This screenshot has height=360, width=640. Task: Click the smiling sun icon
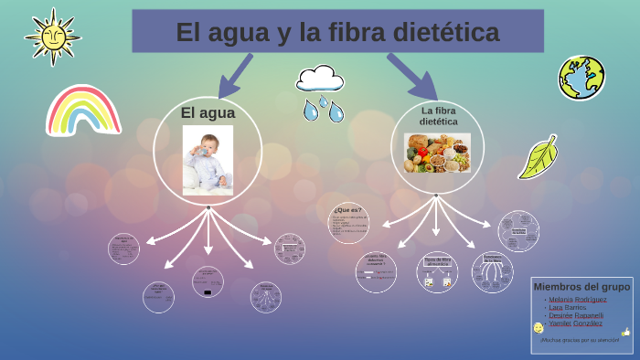point(53,37)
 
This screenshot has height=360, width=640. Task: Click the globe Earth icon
point(581,78)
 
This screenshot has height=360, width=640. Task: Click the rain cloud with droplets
point(321,91)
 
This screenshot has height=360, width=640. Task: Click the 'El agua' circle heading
point(208,113)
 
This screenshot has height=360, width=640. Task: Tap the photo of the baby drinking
point(208,160)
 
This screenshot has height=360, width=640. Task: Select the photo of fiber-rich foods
point(437,154)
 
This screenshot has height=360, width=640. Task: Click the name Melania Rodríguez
point(577,299)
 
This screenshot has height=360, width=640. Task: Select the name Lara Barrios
point(568,307)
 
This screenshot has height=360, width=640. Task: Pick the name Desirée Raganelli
point(576,315)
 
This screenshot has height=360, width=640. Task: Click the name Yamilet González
point(575,323)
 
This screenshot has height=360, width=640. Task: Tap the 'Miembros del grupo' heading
point(581,287)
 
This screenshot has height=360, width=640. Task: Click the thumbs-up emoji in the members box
point(626,332)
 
